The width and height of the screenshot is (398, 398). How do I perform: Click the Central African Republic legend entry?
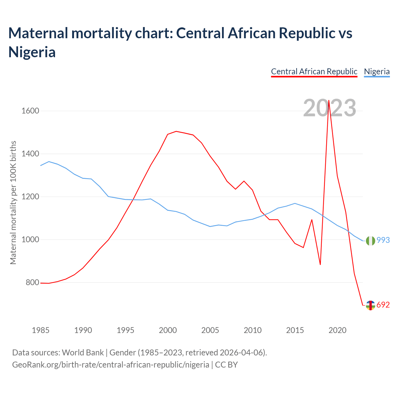[x=314, y=72]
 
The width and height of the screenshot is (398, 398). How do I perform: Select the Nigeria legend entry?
[x=377, y=72]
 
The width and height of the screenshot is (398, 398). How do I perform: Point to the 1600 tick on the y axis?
[x=30, y=111]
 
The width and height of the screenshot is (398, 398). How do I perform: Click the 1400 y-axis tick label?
[x=30, y=154]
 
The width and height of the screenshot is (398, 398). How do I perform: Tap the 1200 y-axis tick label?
[x=30, y=197]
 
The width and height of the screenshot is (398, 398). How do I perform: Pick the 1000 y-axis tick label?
[x=30, y=240]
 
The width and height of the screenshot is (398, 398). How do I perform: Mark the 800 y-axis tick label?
[x=32, y=283]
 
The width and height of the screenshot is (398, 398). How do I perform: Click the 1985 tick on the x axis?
[x=41, y=330]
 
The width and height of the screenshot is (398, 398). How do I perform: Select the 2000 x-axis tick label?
[x=168, y=330]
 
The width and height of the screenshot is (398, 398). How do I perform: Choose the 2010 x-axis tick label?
[x=252, y=330]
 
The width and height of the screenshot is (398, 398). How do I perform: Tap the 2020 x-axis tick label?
[x=337, y=330]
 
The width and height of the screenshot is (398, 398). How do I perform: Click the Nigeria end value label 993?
[x=383, y=240]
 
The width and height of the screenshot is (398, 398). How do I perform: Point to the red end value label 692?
[x=383, y=305]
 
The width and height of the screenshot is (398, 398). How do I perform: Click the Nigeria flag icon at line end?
[x=370, y=241]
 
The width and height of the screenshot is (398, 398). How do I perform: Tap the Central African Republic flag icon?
[x=370, y=305]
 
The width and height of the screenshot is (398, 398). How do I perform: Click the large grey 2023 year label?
[x=330, y=108]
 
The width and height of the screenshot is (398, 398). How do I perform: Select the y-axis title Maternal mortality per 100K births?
[x=13, y=203]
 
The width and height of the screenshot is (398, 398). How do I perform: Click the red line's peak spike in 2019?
[x=329, y=100]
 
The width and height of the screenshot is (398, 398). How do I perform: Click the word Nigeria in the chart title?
[x=32, y=52]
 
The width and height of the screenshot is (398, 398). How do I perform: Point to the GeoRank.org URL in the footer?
[x=111, y=364]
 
